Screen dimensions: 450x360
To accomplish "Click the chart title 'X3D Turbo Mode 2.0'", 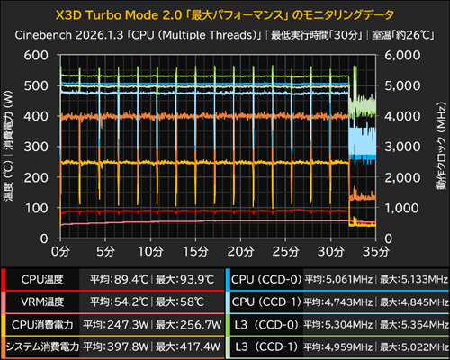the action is (119, 15).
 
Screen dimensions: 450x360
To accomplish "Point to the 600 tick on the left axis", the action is (36, 55).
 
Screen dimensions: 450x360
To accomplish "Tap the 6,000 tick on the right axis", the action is (402, 55).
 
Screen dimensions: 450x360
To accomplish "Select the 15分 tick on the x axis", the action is (195, 251).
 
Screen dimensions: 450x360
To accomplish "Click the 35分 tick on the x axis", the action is (376, 251).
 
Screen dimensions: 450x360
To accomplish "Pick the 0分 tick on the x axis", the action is (60, 251).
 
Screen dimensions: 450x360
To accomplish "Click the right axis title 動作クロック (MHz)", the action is (441, 146).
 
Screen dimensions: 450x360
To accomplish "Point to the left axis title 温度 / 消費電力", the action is (8, 146).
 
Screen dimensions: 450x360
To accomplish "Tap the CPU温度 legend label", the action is (42, 280).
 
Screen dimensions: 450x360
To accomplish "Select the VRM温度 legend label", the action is (42, 301).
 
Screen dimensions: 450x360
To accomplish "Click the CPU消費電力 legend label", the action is (42, 325).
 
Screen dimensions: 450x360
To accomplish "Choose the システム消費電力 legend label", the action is (42, 346).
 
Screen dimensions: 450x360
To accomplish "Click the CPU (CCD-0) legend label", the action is (266, 280).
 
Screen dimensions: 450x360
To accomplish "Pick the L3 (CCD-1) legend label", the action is (266, 346).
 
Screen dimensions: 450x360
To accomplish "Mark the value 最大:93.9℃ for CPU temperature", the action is (184, 280).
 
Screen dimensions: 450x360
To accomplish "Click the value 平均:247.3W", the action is (116, 325).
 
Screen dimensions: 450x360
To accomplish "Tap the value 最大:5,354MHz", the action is (414, 325).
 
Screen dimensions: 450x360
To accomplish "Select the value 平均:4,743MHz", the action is (338, 301).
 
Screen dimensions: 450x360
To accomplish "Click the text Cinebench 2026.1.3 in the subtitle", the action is (69, 35).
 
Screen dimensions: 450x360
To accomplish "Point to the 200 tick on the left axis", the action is (36, 177).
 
